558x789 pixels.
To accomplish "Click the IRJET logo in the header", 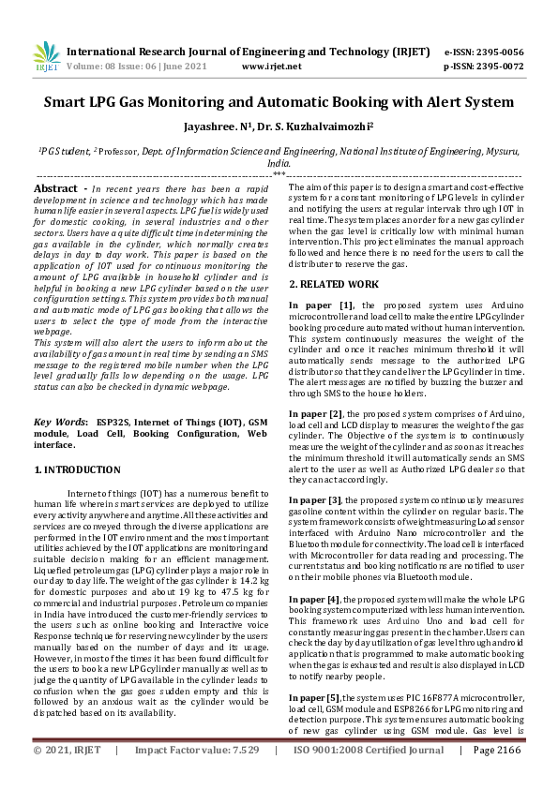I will coord(46,58).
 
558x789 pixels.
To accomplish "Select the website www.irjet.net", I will coord(271,67).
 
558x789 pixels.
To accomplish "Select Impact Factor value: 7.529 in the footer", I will coord(197,776).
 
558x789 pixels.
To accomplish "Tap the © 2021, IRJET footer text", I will coord(66,776).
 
